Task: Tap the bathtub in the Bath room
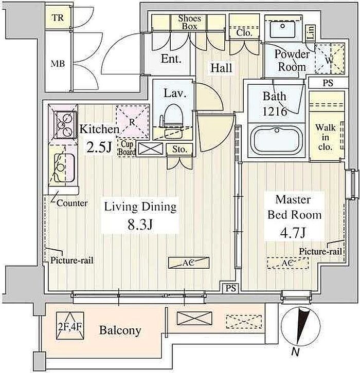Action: point(277,140)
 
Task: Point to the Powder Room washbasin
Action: point(283,29)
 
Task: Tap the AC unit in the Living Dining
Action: point(189,263)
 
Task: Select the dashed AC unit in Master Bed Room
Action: point(287,263)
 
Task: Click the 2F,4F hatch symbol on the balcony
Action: point(70,326)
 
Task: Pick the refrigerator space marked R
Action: point(132,122)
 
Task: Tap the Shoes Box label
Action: point(190,22)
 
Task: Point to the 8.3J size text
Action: point(140,225)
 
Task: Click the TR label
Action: point(58,17)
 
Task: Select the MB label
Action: point(58,64)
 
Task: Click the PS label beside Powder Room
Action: point(328,83)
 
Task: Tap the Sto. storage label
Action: point(179,150)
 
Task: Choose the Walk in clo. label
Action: point(325,137)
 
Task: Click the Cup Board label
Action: point(127,148)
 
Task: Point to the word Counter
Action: point(72,203)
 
